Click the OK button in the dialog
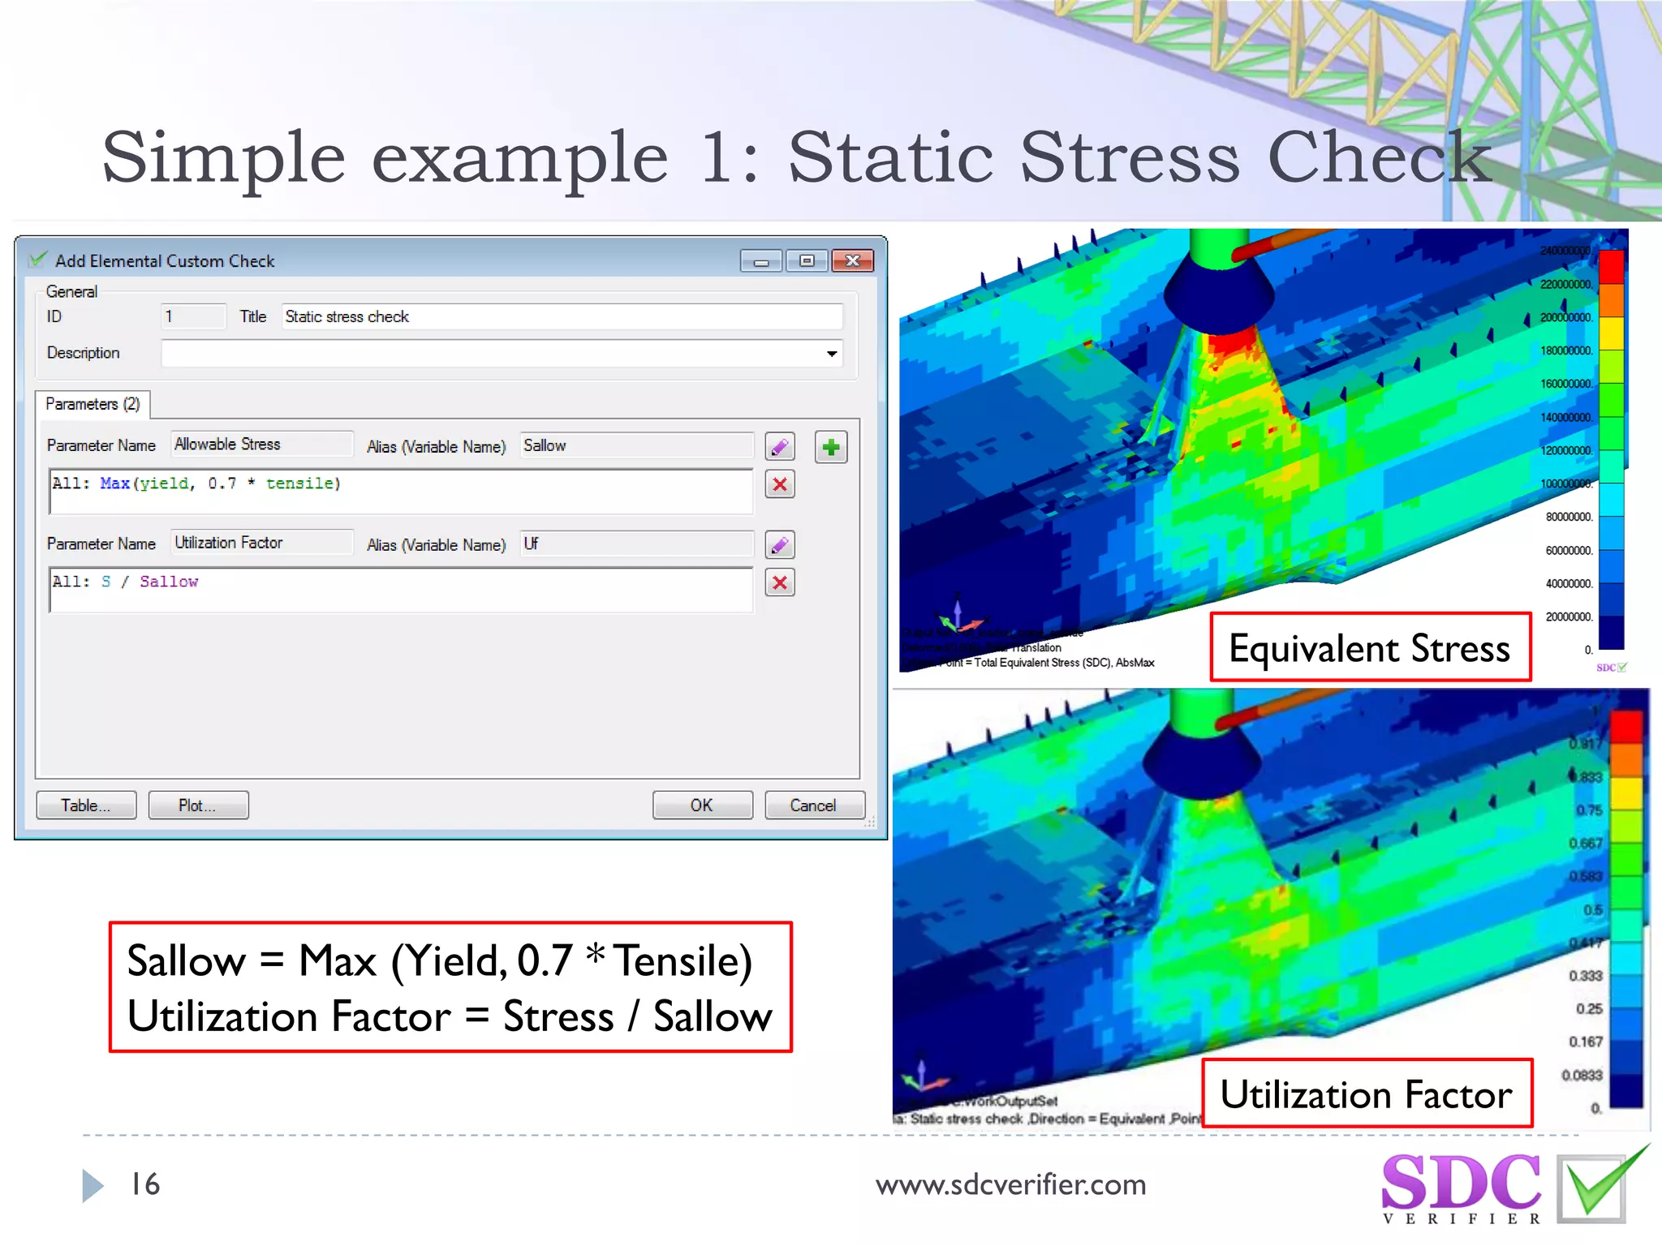pyautogui.click(x=702, y=805)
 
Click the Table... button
pyautogui.click(x=86, y=805)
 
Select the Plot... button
pyautogui.click(x=198, y=805)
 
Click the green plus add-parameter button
pyautogui.click(x=831, y=447)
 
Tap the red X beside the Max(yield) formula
pyautogui.click(x=780, y=485)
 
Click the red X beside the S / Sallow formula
pyautogui.click(x=780, y=582)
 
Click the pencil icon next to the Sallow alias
pyautogui.click(x=780, y=447)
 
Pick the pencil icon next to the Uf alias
pyautogui.click(x=780, y=545)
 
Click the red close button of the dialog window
pyautogui.click(x=852, y=260)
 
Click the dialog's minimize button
pyautogui.click(x=761, y=260)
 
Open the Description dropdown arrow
pyautogui.click(x=832, y=354)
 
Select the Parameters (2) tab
pyautogui.click(x=93, y=404)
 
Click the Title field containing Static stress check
pyautogui.click(x=562, y=316)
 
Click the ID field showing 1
pyautogui.click(x=193, y=316)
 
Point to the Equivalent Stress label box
pyautogui.click(x=1370, y=647)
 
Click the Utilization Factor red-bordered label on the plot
pyautogui.click(x=1367, y=1093)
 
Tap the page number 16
pyautogui.click(x=145, y=1184)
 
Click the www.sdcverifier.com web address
pyautogui.click(x=1010, y=1185)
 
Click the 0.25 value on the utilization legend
pyautogui.click(x=1589, y=1008)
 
